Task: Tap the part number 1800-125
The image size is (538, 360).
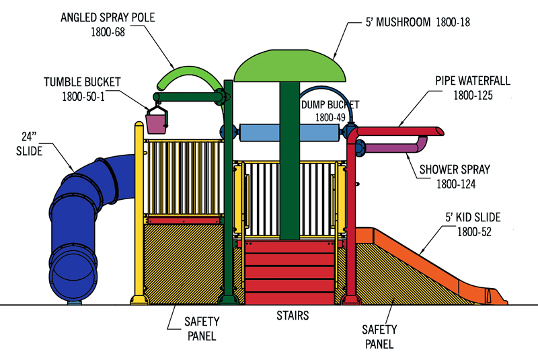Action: (x=473, y=96)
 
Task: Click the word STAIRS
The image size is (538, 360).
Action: (x=292, y=314)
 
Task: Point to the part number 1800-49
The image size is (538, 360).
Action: (x=330, y=118)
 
